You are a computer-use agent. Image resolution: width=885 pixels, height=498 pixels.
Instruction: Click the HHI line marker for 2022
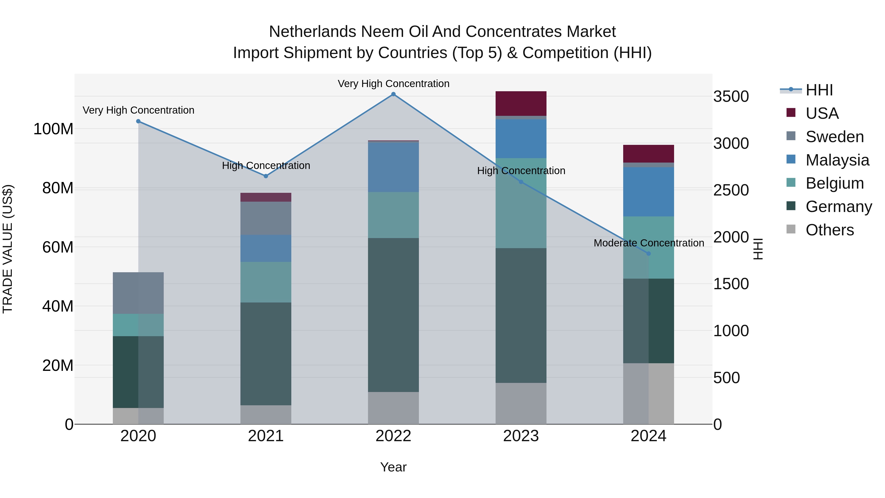[x=393, y=94]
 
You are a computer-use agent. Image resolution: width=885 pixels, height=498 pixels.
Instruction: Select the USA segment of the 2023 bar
[x=521, y=104]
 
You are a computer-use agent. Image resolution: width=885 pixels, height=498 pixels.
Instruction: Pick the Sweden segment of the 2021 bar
[x=265, y=218]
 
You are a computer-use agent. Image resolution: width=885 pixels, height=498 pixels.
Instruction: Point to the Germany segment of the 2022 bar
[x=393, y=315]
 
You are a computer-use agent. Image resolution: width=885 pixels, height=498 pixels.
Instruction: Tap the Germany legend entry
[x=838, y=207]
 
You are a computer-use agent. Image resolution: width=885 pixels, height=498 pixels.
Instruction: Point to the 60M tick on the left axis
[x=58, y=247]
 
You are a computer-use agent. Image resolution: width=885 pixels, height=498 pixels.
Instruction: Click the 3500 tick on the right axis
[x=731, y=97]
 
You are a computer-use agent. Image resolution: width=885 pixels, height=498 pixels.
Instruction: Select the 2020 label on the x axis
[x=138, y=436]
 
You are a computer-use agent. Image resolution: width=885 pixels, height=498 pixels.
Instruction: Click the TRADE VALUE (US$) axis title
[x=8, y=249]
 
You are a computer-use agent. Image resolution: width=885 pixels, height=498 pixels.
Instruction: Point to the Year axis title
[x=393, y=467]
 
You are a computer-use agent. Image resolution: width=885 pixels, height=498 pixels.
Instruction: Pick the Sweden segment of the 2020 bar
[x=138, y=293]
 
